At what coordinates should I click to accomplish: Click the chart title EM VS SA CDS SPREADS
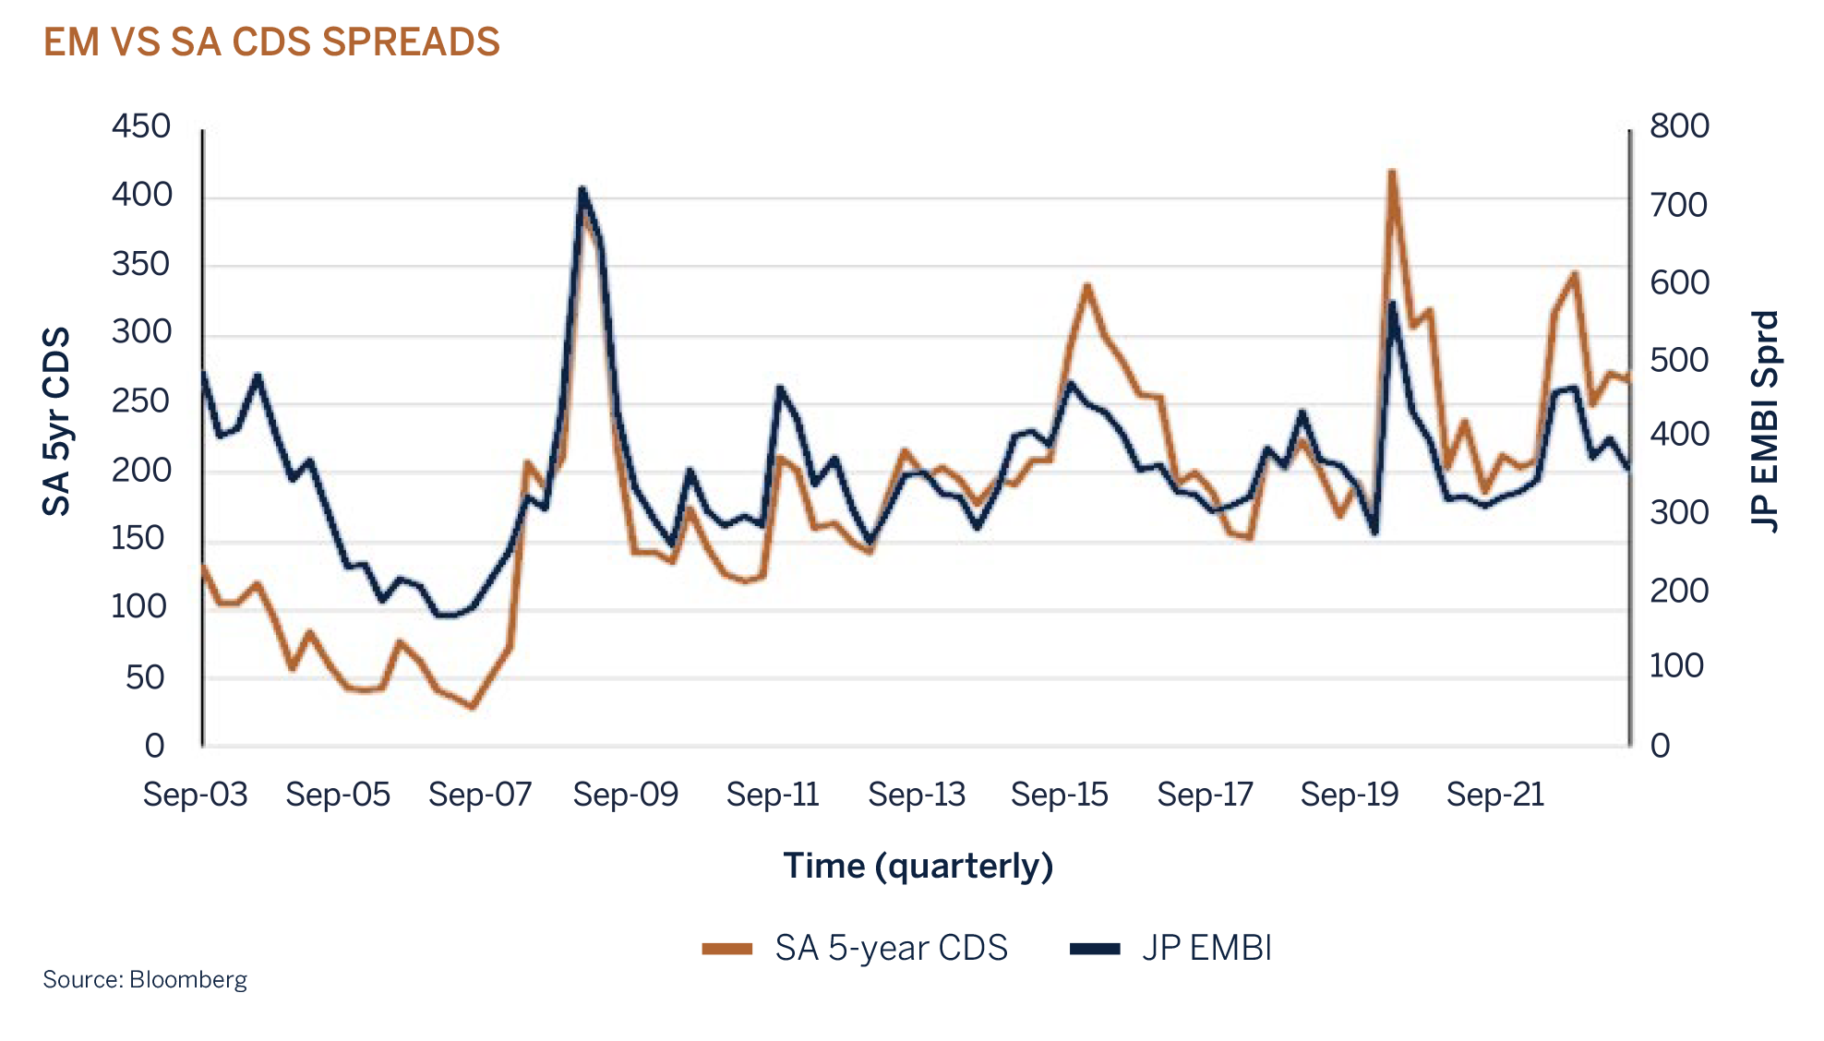(x=270, y=42)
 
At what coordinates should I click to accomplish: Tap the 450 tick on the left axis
(x=141, y=126)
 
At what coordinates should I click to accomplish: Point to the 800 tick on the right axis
(x=1679, y=126)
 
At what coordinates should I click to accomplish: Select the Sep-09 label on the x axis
(x=625, y=795)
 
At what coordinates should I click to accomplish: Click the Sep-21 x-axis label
(x=1495, y=795)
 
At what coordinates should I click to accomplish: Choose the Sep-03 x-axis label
(x=195, y=795)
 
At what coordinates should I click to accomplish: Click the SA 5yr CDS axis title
(x=57, y=421)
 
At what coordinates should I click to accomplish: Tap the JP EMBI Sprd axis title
(x=1764, y=421)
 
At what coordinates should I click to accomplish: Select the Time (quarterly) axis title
(x=918, y=866)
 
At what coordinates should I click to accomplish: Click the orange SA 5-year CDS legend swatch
(x=727, y=949)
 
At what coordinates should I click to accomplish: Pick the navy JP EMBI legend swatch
(x=1095, y=949)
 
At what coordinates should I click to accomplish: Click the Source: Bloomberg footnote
(x=145, y=979)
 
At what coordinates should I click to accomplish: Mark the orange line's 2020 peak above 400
(x=1392, y=173)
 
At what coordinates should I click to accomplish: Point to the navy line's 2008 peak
(x=582, y=189)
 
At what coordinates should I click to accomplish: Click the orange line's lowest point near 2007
(x=473, y=708)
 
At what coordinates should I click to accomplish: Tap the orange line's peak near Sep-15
(x=1087, y=285)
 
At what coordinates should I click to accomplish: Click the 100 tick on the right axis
(x=1676, y=666)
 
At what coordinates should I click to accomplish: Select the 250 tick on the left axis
(x=141, y=401)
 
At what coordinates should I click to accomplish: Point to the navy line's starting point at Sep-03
(x=204, y=373)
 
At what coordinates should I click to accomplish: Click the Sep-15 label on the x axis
(x=1059, y=795)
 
